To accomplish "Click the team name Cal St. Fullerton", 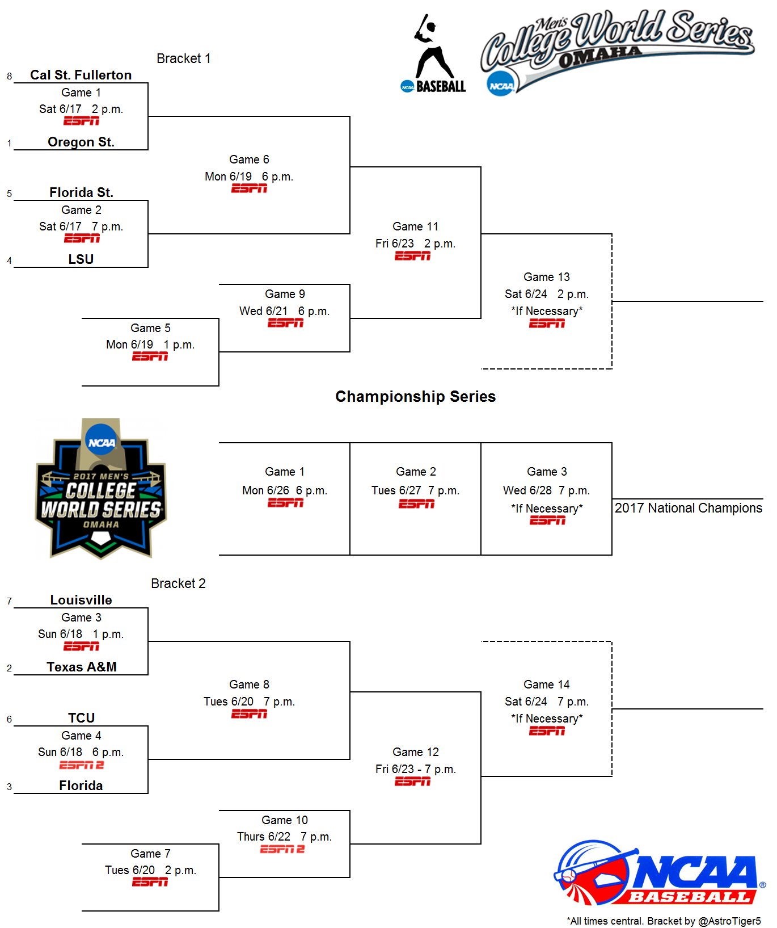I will click(x=81, y=75).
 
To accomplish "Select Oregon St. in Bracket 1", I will click(x=81, y=142).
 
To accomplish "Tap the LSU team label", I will click(x=81, y=259).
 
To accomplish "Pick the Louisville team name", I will click(x=81, y=600).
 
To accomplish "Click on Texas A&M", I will click(x=81, y=667).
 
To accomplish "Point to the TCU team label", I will click(x=81, y=718).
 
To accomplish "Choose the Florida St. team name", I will click(x=81, y=192).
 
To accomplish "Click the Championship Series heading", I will click(x=415, y=396).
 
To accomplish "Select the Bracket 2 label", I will click(x=178, y=583).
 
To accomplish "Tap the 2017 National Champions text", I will click(x=688, y=508).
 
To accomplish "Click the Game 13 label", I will click(x=546, y=277).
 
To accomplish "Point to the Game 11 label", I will click(x=415, y=226).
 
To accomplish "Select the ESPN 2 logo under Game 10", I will click(x=282, y=849).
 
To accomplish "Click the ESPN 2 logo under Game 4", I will click(x=81, y=765).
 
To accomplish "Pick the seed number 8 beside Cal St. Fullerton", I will click(x=10, y=76).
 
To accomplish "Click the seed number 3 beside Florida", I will click(x=10, y=787).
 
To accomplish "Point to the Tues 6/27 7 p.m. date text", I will click(x=415, y=490).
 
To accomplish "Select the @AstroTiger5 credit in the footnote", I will click(x=729, y=921).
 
